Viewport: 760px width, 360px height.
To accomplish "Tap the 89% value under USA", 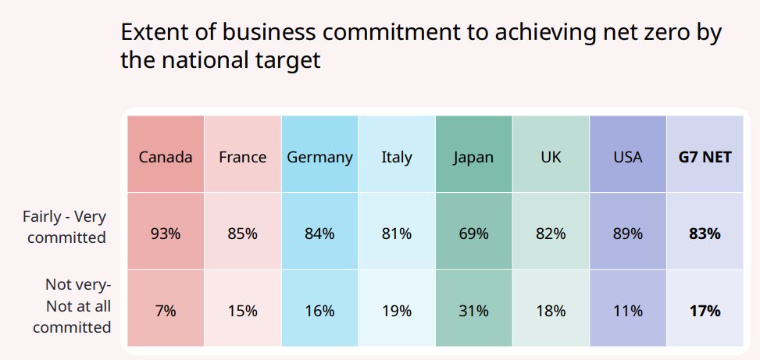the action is coord(628,234).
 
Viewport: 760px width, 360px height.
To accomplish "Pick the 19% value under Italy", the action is coord(397,311).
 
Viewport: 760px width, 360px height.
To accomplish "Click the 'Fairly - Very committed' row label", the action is coord(65,227).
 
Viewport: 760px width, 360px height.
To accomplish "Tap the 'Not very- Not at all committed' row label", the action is coord(72,306).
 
